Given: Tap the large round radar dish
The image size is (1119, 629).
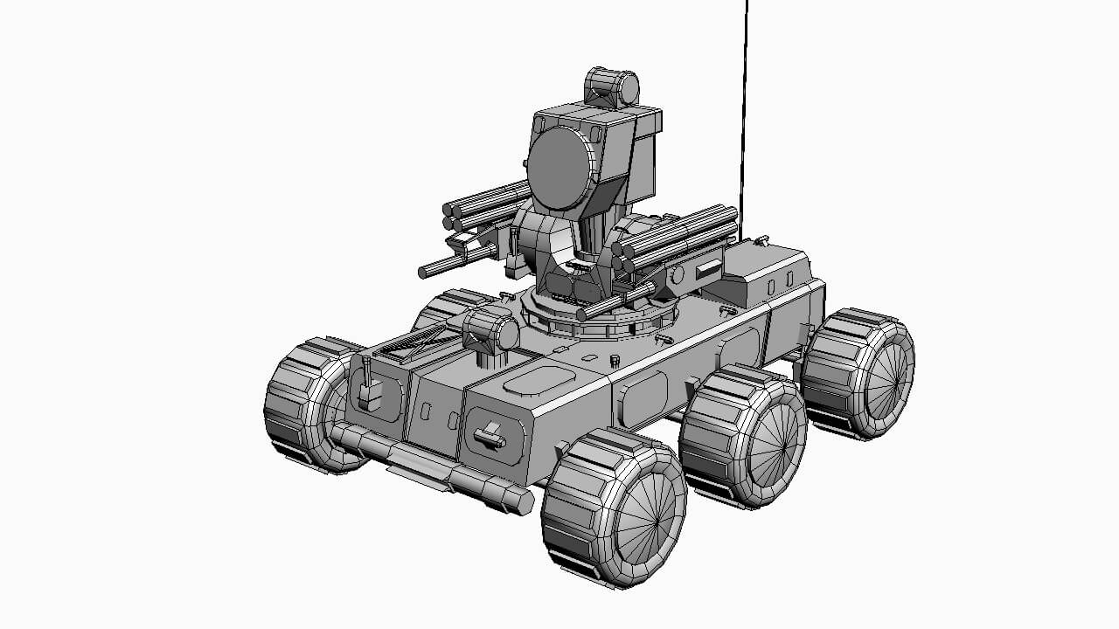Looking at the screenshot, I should [x=559, y=169].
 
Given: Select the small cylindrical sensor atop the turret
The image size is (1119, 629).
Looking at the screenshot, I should [x=612, y=87].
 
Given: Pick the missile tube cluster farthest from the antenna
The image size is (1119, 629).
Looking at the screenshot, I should [x=485, y=205].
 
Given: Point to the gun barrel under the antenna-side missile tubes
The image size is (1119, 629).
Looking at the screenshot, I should [x=616, y=301].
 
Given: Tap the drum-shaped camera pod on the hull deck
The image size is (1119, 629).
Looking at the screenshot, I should [x=490, y=333].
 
